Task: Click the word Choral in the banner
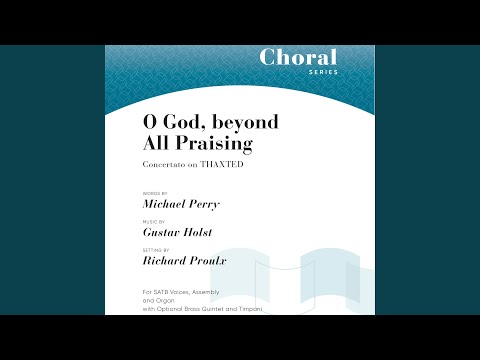tap(298, 57)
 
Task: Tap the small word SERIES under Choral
tap(323, 72)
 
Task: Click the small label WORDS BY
tap(157, 190)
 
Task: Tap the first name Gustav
tap(163, 232)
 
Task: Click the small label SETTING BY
tap(158, 250)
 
